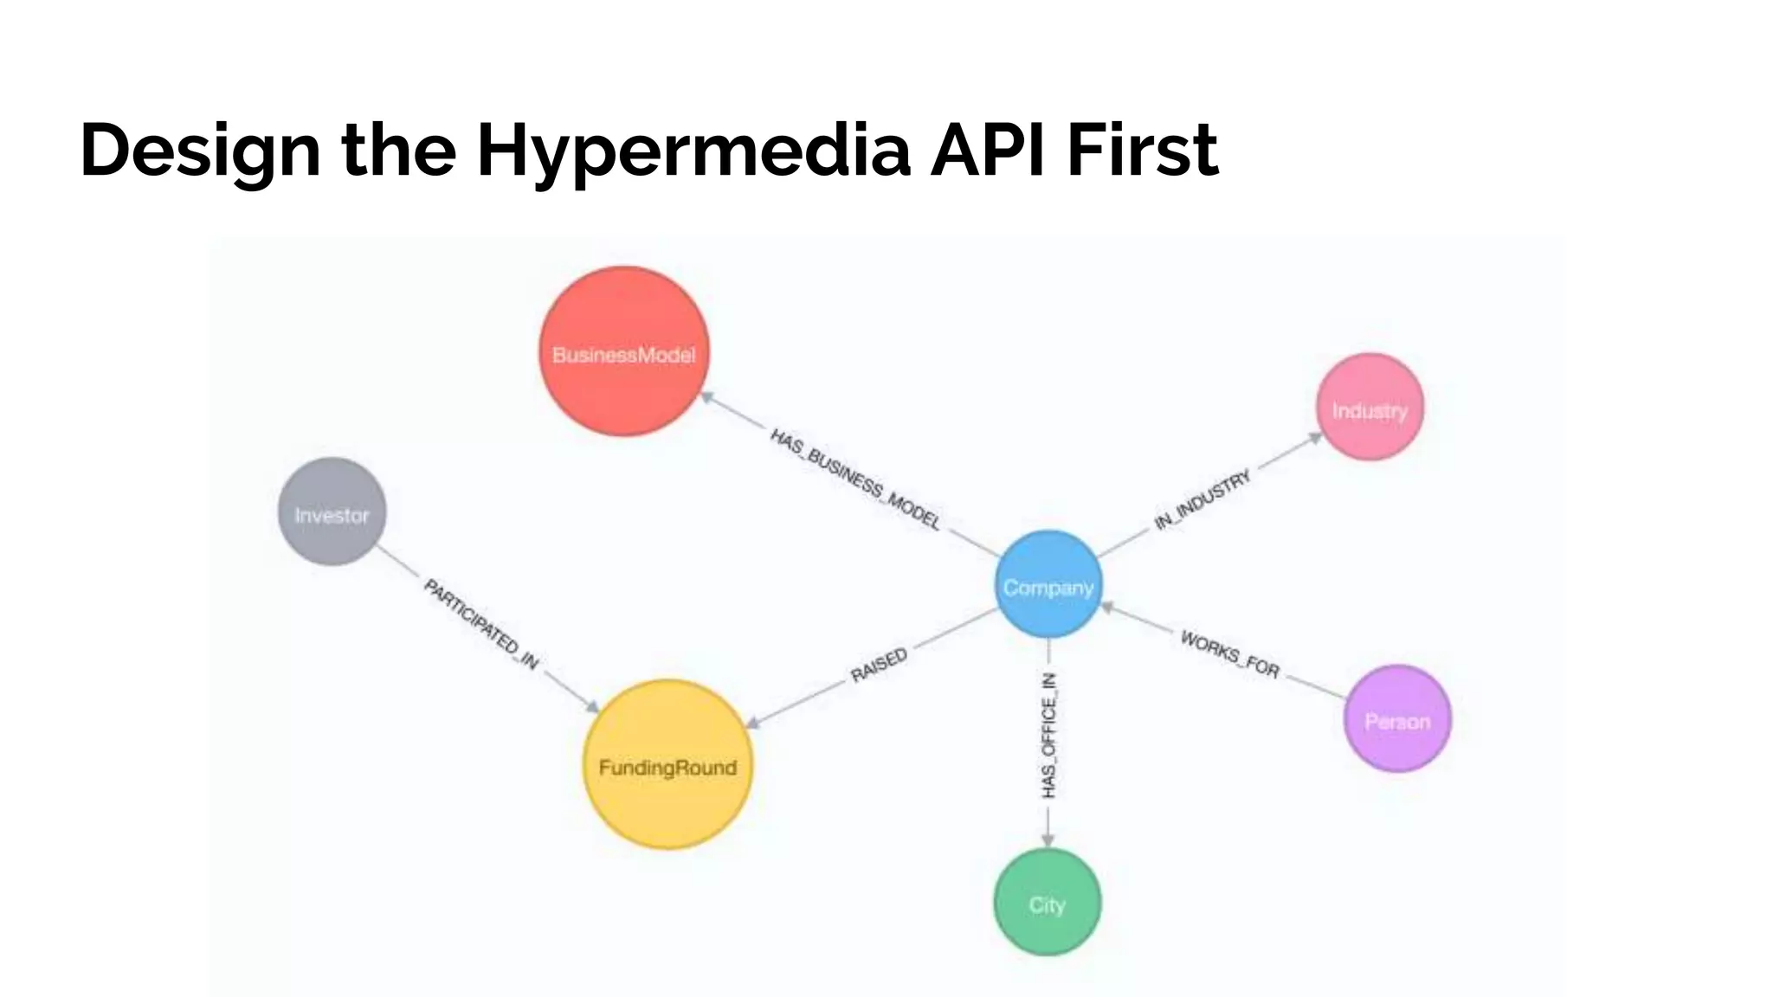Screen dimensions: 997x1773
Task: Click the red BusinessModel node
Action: point(623,351)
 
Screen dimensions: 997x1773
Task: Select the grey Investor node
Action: point(332,512)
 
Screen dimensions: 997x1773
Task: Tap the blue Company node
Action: point(1048,585)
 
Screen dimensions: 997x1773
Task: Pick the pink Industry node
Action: point(1370,408)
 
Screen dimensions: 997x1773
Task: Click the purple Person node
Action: point(1397,719)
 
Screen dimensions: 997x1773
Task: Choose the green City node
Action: point(1048,903)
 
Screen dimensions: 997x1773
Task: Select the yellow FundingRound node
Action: point(667,765)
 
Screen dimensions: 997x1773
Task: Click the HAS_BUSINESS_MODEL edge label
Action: point(855,479)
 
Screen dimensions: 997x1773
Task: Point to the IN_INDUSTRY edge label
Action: point(1203,499)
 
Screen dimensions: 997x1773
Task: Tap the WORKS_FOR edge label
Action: point(1230,654)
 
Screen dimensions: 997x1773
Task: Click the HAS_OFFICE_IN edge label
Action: point(1048,735)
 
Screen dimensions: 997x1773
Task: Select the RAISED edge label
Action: point(879,665)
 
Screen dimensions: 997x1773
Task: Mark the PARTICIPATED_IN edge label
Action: point(481,624)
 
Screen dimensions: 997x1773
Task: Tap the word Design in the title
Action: point(200,151)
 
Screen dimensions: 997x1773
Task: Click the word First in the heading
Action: point(1143,149)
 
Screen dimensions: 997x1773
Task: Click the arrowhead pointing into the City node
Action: point(1048,839)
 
